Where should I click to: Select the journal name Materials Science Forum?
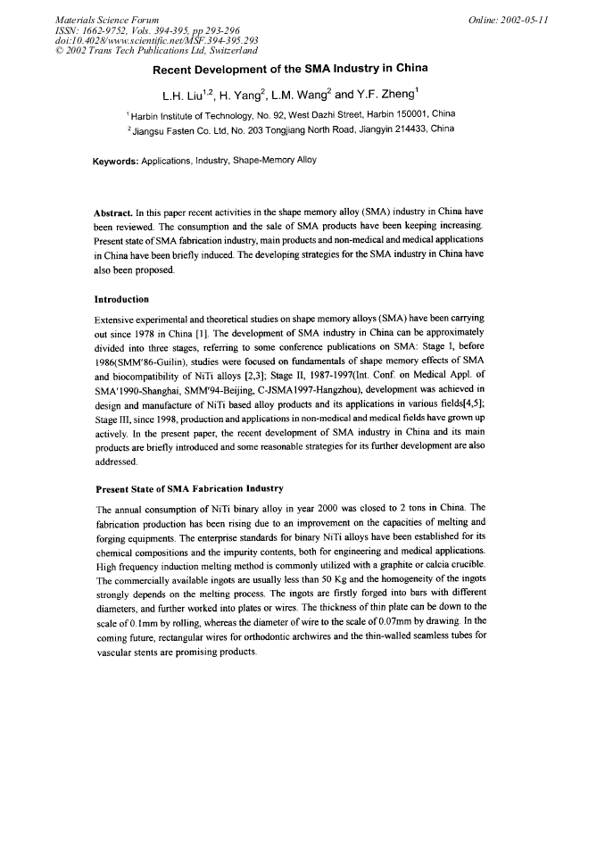(107, 20)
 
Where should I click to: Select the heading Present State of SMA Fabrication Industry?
(188, 488)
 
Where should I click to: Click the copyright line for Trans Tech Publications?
(156, 49)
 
